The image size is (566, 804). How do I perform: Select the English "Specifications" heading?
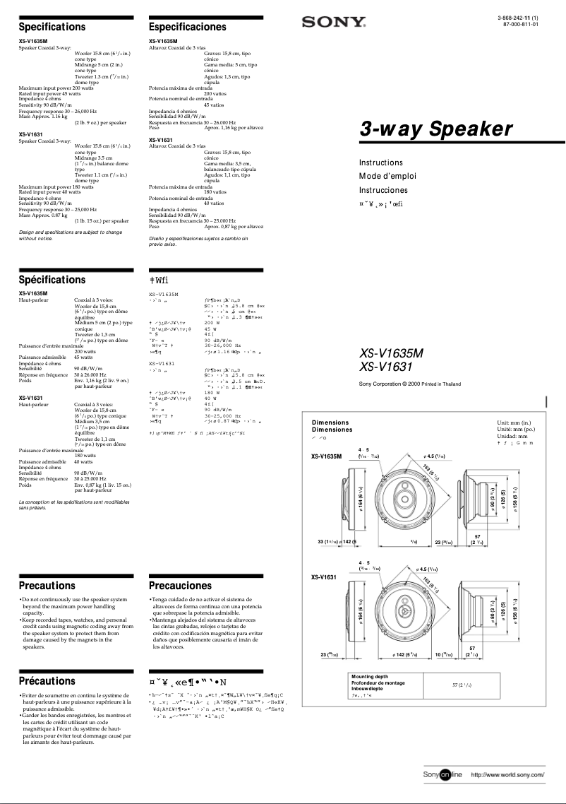tap(52, 27)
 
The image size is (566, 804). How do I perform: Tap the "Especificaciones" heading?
tap(188, 27)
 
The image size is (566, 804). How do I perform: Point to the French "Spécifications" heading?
tap(52, 280)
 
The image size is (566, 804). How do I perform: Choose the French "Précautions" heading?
tap(47, 681)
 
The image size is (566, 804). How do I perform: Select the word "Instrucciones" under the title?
tap(383, 191)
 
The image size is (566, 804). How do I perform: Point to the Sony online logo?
tap(442, 776)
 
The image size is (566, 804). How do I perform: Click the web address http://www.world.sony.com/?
tap(507, 776)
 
